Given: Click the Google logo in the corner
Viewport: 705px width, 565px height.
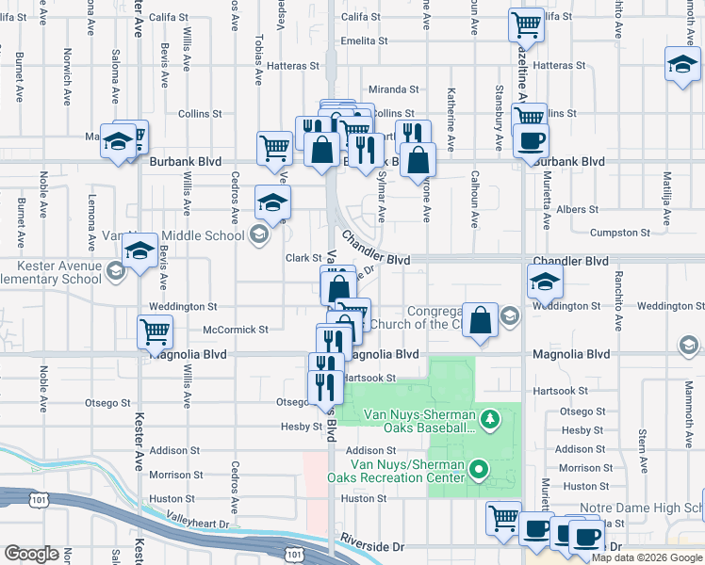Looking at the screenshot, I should [x=31, y=554].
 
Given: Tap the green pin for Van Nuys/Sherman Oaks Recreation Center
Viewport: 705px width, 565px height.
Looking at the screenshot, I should [x=479, y=468].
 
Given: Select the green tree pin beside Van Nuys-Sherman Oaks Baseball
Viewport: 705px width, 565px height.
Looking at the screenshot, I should [x=489, y=417].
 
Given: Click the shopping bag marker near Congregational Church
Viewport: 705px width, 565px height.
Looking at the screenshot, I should [x=481, y=319].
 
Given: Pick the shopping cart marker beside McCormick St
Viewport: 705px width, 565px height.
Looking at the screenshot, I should [x=155, y=331].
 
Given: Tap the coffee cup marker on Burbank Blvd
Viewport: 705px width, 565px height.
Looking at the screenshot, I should [x=530, y=141].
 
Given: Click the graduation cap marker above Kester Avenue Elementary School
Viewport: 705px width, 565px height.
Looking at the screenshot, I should [x=139, y=251].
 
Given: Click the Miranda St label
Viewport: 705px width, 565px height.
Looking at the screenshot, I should [x=394, y=89].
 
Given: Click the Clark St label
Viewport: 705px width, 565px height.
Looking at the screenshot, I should [x=304, y=258].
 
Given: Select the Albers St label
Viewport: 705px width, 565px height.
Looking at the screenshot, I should [x=578, y=210].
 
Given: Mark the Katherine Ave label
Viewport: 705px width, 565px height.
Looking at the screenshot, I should [x=451, y=132].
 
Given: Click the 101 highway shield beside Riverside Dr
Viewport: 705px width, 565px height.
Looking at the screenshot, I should [x=295, y=548].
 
